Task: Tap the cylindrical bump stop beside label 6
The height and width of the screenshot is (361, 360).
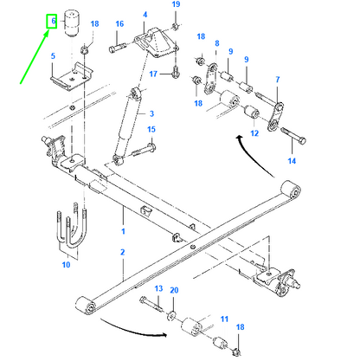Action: pos(71,23)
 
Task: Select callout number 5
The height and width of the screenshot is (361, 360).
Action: pos(53,55)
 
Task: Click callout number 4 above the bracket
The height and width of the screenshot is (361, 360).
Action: pos(145,15)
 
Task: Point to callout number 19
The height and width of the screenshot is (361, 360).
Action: pos(176,4)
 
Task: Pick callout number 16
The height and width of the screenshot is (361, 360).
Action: pos(119,24)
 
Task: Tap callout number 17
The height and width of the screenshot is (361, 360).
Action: pos(153,74)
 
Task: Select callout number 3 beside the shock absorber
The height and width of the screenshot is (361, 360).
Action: pos(151,113)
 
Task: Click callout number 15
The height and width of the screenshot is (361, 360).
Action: pos(151,129)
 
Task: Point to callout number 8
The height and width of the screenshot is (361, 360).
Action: pos(217,43)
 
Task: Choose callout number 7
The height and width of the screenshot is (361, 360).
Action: pos(278,80)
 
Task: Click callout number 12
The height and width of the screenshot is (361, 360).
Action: pos(254,133)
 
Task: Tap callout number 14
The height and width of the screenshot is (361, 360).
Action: pos(292,161)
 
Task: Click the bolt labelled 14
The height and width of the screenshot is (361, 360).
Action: pos(293,137)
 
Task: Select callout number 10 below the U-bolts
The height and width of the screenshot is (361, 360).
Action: pos(66,264)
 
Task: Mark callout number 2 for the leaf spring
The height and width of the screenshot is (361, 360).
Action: pos(123,252)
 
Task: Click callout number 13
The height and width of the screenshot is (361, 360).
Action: pos(158,288)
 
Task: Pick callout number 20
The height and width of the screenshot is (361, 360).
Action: pos(174,290)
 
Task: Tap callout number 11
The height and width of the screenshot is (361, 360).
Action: pos(224,319)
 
